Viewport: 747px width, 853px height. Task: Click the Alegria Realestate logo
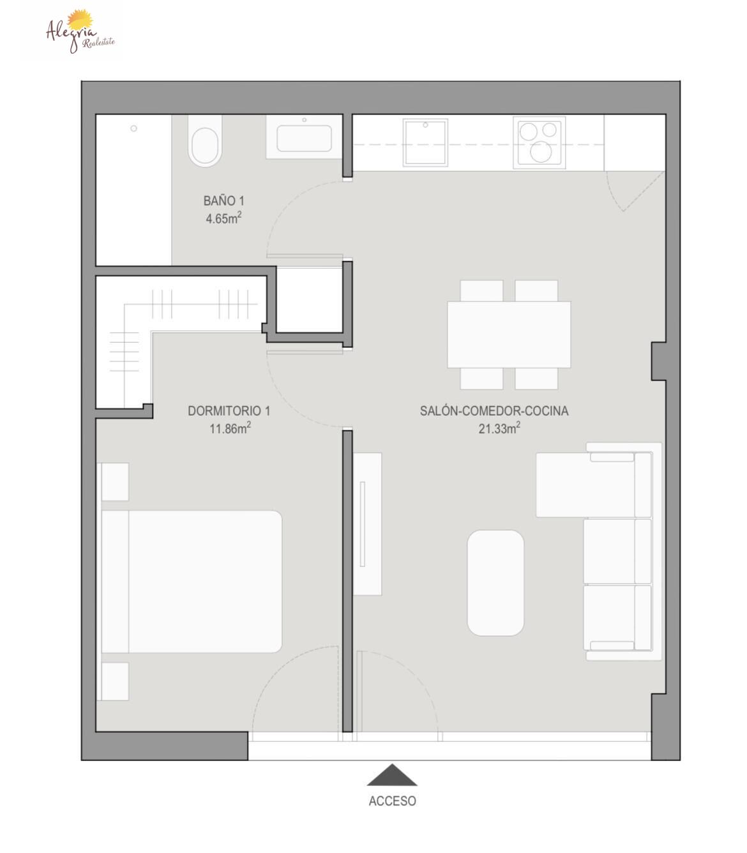[80, 31]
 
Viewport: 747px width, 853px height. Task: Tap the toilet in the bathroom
[205, 141]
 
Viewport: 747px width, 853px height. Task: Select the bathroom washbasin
[305, 137]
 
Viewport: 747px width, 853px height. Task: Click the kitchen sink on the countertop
[425, 142]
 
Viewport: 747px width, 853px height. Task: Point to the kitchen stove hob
[539, 142]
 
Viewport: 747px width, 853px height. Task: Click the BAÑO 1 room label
[224, 200]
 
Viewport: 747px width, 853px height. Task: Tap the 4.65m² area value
[224, 218]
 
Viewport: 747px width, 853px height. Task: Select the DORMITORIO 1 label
[229, 411]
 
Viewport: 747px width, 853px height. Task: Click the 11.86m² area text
[230, 428]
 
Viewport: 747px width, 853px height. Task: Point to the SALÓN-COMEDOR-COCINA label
[494, 411]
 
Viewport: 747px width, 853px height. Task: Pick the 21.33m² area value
[499, 428]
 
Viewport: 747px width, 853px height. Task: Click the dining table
[509, 335]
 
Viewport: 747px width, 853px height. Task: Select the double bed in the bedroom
[192, 582]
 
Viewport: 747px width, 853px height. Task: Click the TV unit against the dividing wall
[367, 524]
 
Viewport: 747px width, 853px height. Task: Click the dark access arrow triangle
[392, 775]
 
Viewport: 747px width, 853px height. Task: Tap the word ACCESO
[392, 801]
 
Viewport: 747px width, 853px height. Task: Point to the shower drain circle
[134, 128]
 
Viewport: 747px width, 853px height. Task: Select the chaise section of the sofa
[594, 485]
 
